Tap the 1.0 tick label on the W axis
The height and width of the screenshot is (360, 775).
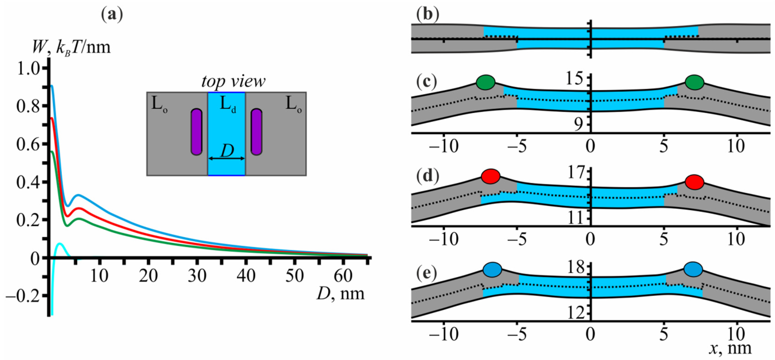click(x=29, y=69)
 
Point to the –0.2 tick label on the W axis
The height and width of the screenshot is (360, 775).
click(x=23, y=296)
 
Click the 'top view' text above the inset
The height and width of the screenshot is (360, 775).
click(x=233, y=81)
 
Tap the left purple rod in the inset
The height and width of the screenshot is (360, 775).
click(x=197, y=132)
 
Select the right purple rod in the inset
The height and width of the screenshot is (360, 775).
click(x=256, y=132)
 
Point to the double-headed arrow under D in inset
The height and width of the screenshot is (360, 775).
click(x=226, y=158)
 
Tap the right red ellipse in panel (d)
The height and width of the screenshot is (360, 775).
click(x=694, y=182)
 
